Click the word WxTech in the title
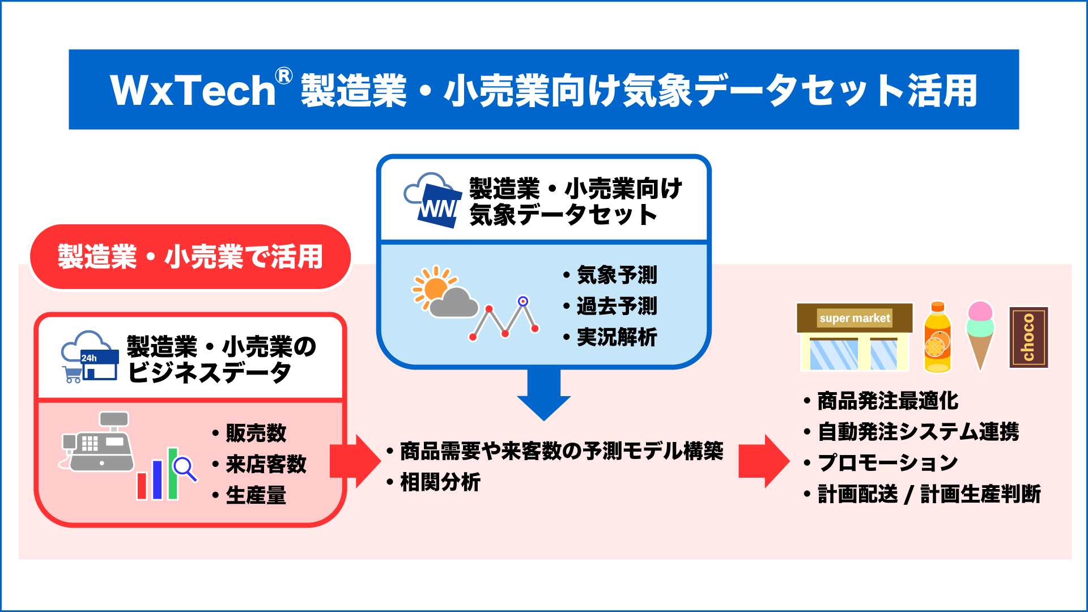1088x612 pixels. pyautogui.click(x=193, y=91)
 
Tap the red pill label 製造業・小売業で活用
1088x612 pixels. pyautogui.click(x=190, y=257)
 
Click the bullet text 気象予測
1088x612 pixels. pyautogui.click(x=617, y=275)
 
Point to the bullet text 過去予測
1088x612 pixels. pyautogui.click(x=617, y=307)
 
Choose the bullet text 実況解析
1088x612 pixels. pyautogui.click(x=617, y=338)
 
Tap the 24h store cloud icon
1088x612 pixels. pyautogui.click(x=90, y=357)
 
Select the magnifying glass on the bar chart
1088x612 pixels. pyautogui.click(x=184, y=469)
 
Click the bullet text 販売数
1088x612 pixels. pyautogui.click(x=256, y=433)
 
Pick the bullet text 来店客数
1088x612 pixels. pyautogui.click(x=266, y=465)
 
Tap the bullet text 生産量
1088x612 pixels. pyautogui.click(x=256, y=496)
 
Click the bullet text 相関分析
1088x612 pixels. pyautogui.click(x=440, y=483)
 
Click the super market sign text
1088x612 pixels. pyautogui.click(x=855, y=318)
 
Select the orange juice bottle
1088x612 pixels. pyautogui.click(x=937, y=338)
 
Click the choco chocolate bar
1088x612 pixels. pyautogui.click(x=1028, y=338)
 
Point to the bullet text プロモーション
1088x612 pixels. pyautogui.click(x=888, y=463)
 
